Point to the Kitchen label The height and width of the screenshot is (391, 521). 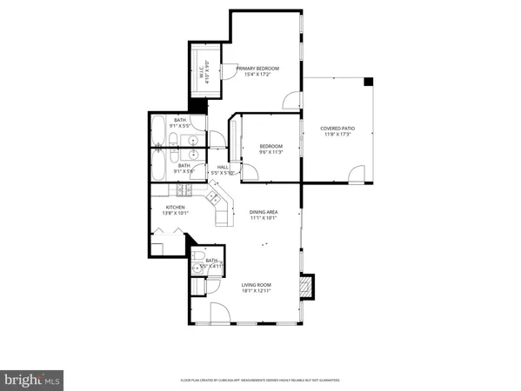tap(176, 208)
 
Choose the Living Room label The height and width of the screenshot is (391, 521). tap(257, 285)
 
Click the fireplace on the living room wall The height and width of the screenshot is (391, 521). tap(305, 286)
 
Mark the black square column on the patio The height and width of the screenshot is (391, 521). tap(367, 82)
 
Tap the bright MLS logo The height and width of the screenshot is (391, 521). tap(32, 378)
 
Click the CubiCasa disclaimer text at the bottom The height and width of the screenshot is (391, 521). tap(260, 380)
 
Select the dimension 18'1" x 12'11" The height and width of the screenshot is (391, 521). tap(257, 291)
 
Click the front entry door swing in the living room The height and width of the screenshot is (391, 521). tap(220, 314)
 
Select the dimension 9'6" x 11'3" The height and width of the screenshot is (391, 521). tap(271, 151)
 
